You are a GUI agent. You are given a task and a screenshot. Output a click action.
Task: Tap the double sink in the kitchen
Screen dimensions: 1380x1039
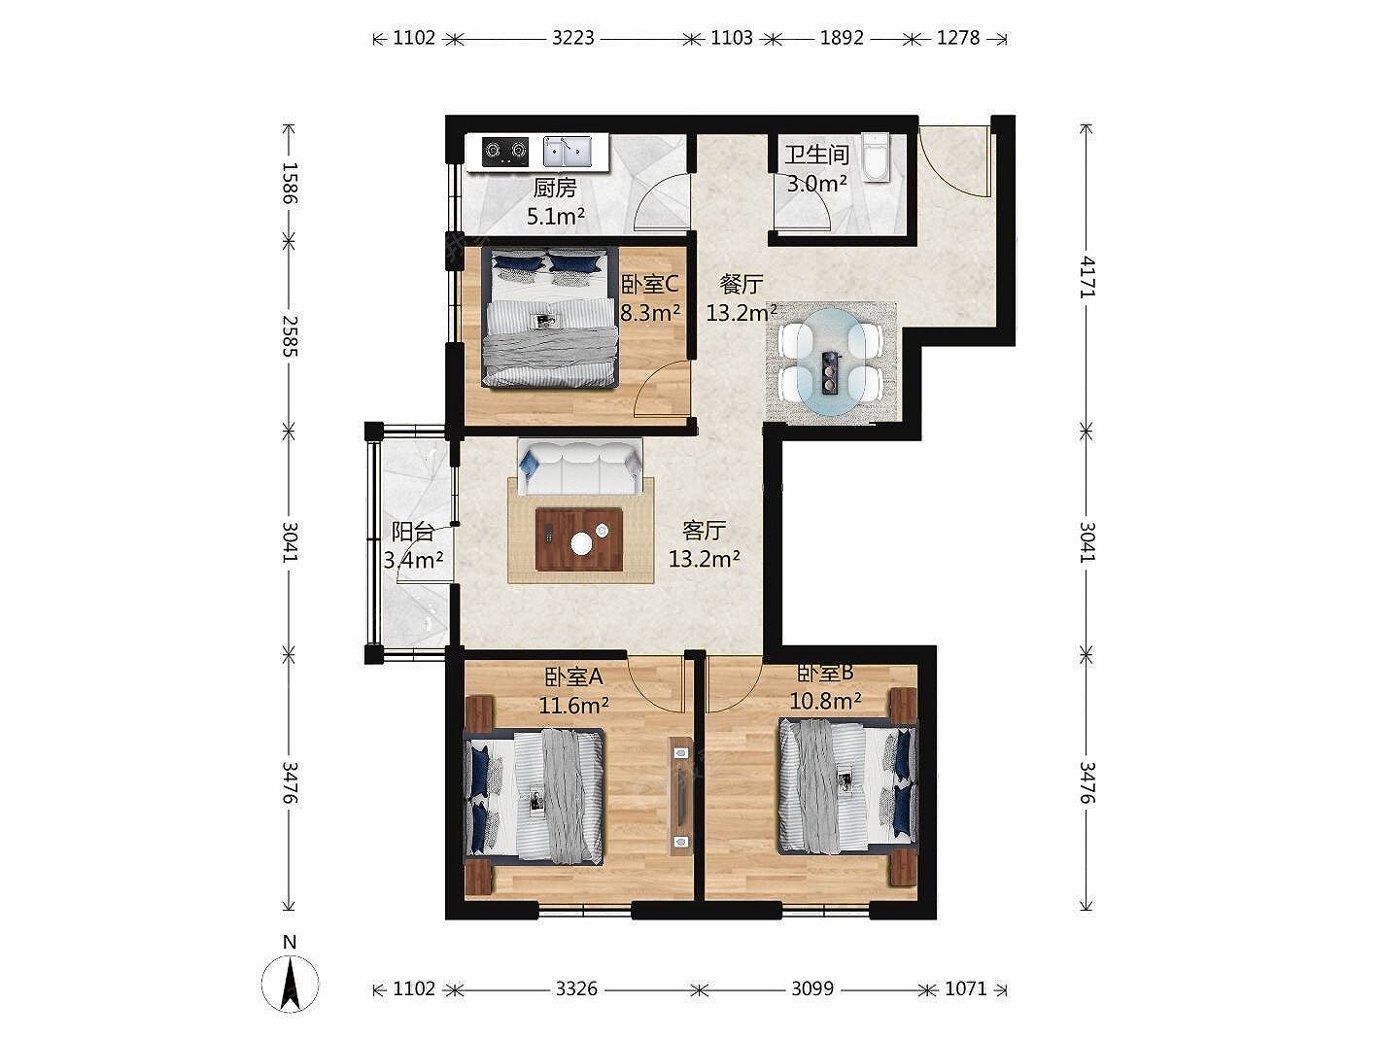click(568, 153)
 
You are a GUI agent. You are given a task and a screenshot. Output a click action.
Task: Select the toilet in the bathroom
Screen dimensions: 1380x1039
click(876, 157)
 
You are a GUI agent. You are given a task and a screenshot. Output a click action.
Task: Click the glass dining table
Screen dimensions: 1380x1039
click(830, 362)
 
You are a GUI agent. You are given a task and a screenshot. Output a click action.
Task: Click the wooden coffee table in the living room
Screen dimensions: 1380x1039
click(579, 538)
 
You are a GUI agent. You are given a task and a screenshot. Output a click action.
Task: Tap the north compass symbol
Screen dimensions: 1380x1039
click(290, 984)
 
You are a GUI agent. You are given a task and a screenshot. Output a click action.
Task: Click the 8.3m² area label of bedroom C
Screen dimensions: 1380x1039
click(650, 312)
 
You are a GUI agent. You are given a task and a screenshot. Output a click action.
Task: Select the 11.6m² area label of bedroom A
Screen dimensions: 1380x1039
click(573, 706)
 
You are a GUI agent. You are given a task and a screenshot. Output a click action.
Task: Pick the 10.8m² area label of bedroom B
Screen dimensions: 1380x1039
click(825, 701)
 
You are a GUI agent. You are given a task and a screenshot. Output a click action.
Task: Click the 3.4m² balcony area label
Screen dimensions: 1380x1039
click(414, 559)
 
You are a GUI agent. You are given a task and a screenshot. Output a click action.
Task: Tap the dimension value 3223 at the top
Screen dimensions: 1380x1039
click(572, 38)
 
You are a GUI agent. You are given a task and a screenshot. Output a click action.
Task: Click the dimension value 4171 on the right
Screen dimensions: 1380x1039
click(1087, 278)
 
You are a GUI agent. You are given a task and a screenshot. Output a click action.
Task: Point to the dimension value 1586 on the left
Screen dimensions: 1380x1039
click(290, 183)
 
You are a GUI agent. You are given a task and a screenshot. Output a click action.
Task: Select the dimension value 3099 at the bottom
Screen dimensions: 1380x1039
click(812, 988)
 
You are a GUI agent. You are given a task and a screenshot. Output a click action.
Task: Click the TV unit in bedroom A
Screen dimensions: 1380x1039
click(680, 795)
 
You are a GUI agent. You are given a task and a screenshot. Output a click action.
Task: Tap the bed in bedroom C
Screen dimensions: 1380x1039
click(548, 317)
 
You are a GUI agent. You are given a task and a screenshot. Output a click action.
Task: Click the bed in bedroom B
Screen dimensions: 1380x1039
click(847, 787)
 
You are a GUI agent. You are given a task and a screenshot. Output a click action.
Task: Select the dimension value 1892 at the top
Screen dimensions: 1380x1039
click(842, 38)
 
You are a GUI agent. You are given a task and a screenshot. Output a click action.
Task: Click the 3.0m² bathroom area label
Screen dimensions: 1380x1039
click(816, 184)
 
